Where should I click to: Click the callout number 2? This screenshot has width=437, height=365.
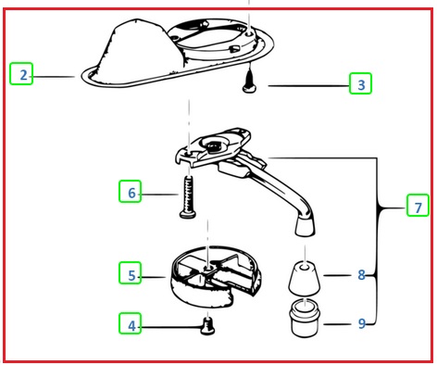pyautogui.click(x=23, y=75)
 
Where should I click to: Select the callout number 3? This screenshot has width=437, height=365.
pyautogui.click(x=361, y=84)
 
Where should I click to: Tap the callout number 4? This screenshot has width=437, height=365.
pyautogui.click(x=131, y=326)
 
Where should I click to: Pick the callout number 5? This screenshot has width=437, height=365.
pyautogui.click(x=131, y=275)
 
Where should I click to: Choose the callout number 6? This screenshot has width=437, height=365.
pyautogui.click(x=131, y=193)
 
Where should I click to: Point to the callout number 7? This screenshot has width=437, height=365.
pyautogui.click(x=418, y=208)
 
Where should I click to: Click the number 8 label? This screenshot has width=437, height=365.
pyautogui.click(x=361, y=274)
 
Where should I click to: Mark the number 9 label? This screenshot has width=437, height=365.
pyautogui.click(x=362, y=323)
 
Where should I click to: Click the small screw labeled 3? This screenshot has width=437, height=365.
pyautogui.click(x=250, y=81)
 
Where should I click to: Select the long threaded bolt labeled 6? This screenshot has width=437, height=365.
pyautogui.click(x=188, y=197)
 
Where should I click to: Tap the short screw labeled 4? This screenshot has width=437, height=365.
pyautogui.click(x=207, y=327)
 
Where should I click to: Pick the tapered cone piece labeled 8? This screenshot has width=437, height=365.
pyautogui.click(x=305, y=278)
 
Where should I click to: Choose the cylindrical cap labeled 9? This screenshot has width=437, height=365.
pyautogui.click(x=305, y=318)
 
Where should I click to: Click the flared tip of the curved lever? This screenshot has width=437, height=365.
pyautogui.click(x=305, y=226)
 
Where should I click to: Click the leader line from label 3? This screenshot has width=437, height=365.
pyautogui.click(x=308, y=85)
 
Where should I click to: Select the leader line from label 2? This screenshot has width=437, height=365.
pyautogui.click(x=53, y=76)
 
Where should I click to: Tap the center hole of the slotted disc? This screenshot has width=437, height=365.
pyautogui.click(x=208, y=268)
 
